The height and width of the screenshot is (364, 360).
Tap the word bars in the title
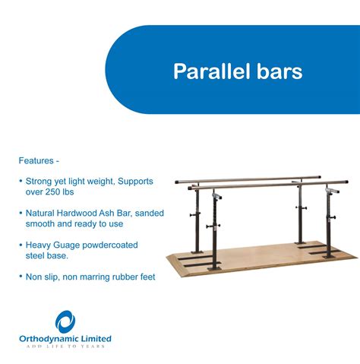click(279, 71)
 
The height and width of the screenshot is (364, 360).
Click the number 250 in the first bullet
click(52, 191)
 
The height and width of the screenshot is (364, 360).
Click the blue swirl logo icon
click(65, 321)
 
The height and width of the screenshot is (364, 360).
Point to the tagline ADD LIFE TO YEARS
click(65, 346)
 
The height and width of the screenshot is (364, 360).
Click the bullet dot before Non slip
click(21, 276)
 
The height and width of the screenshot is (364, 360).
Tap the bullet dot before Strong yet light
click(21, 181)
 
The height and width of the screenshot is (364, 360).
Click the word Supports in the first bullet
click(135, 182)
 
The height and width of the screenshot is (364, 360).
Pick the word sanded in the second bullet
click(150, 213)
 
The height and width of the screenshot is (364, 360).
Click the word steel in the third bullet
click(34, 255)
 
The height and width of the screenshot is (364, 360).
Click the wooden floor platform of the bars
click(261, 257)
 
